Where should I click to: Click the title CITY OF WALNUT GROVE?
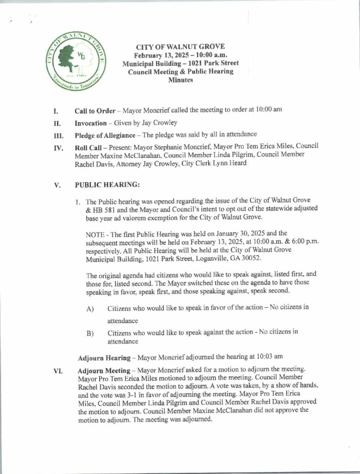coord(174,47)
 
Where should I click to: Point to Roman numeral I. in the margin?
coord(56,111)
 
